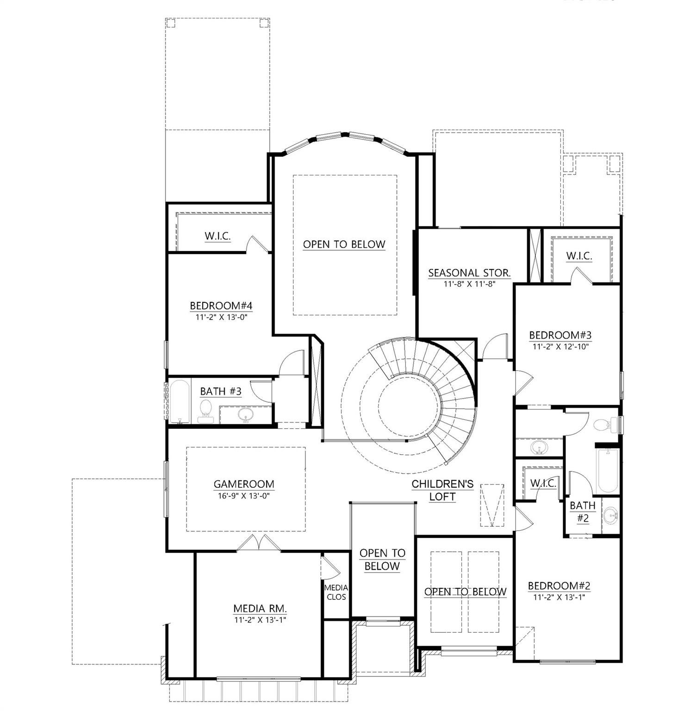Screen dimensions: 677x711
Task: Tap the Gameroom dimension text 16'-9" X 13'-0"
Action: click(x=244, y=496)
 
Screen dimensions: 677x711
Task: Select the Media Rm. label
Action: click(x=260, y=608)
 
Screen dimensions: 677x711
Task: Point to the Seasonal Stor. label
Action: click(x=469, y=273)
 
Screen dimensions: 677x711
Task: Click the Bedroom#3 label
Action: click(x=560, y=335)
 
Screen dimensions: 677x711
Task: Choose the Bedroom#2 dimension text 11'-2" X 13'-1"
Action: click(x=559, y=597)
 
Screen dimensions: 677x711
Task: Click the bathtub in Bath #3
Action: click(x=180, y=401)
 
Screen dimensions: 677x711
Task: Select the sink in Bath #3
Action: click(x=246, y=415)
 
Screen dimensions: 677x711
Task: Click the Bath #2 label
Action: click(x=583, y=512)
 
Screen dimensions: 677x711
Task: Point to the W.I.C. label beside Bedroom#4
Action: click(x=217, y=236)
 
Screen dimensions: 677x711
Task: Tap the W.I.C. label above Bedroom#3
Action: click(x=579, y=256)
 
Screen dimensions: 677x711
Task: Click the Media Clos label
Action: click(x=336, y=592)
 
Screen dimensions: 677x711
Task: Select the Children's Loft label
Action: click(x=443, y=490)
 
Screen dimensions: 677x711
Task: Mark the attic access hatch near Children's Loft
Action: click(x=492, y=505)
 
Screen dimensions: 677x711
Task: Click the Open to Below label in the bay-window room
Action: click(x=344, y=244)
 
